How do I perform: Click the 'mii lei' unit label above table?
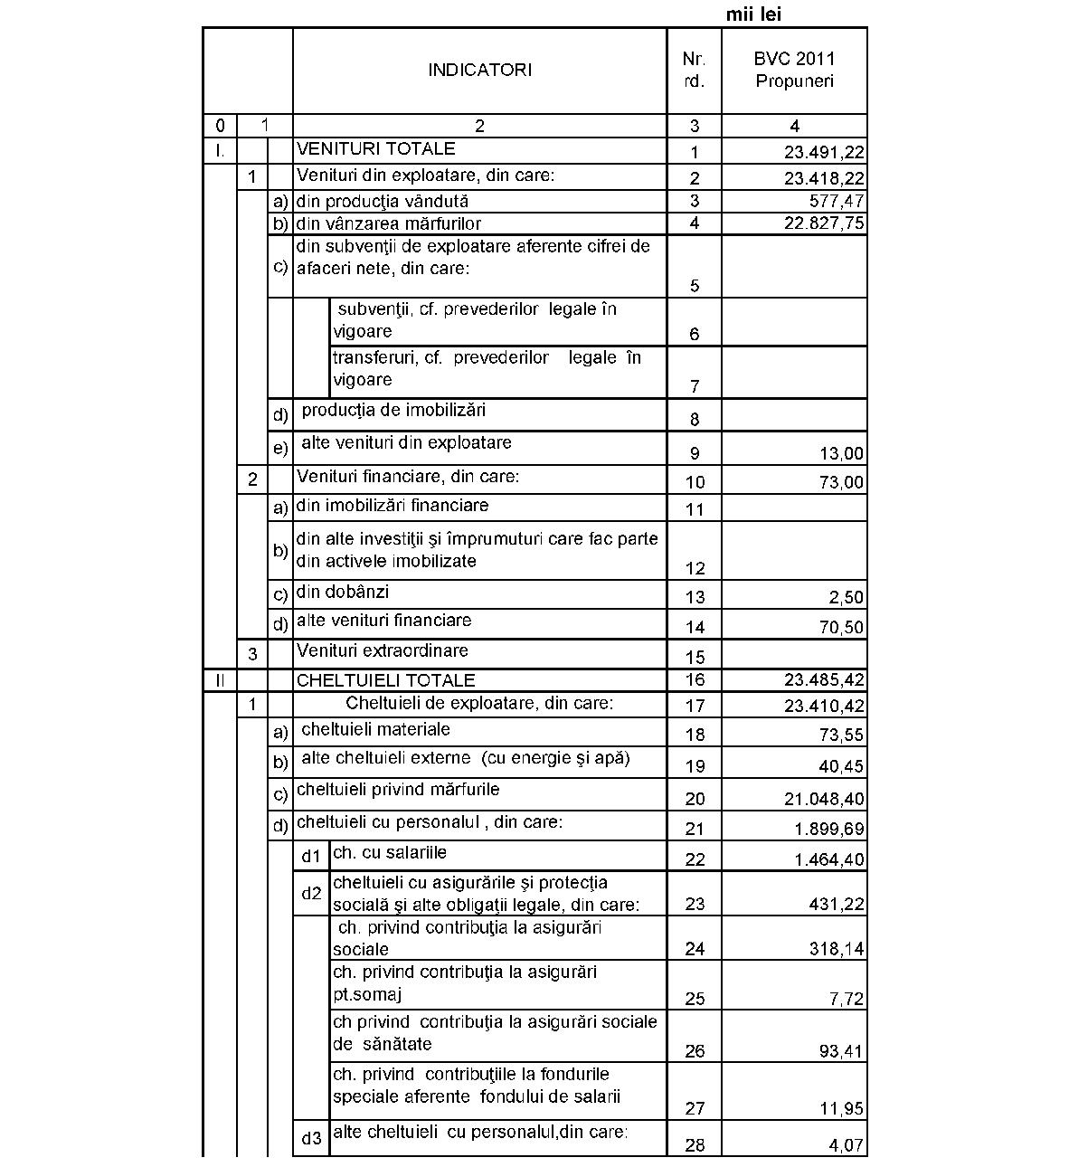pyautogui.click(x=753, y=14)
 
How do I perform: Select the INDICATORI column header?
pyautogui.click(x=479, y=70)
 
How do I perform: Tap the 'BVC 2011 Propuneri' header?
pyautogui.click(x=794, y=70)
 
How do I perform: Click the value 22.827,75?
pyautogui.click(x=823, y=223)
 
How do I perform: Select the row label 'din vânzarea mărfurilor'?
pyautogui.click(x=389, y=223)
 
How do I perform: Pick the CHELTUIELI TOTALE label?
pyautogui.click(x=386, y=680)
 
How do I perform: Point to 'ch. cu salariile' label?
pyautogui.click(x=390, y=852)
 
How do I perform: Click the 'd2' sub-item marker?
pyautogui.click(x=311, y=893)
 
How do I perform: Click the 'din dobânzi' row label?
pyautogui.click(x=343, y=592)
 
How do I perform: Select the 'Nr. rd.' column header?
pyautogui.click(x=694, y=70)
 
